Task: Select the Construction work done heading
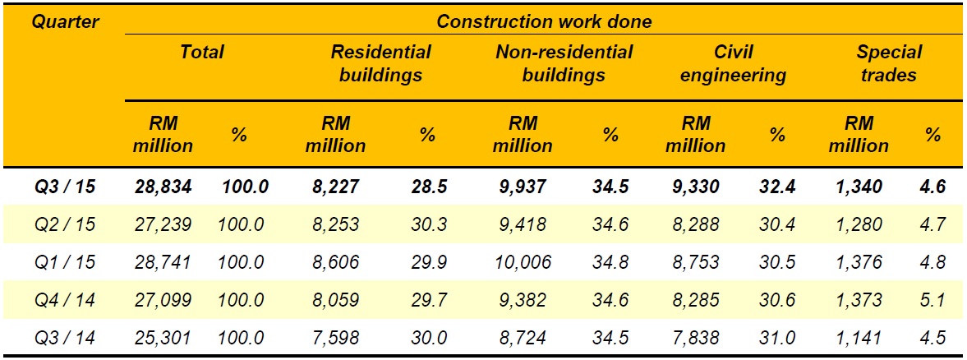[543, 21]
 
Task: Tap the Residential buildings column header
[380, 63]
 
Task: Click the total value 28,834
[164, 187]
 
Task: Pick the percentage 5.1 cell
[932, 300]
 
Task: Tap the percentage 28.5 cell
[429, 187]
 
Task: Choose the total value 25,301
[164, 338]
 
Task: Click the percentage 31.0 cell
[776, 338]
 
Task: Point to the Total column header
[202, 53]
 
